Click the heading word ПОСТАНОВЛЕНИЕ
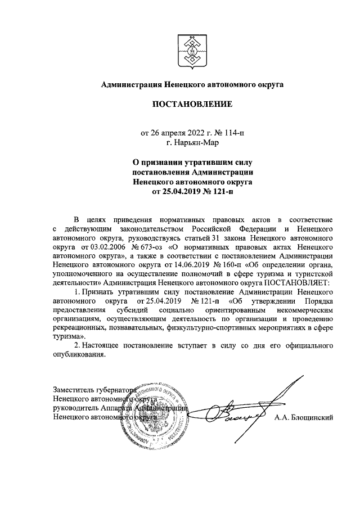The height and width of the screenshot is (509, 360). click(x=191, y=104)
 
